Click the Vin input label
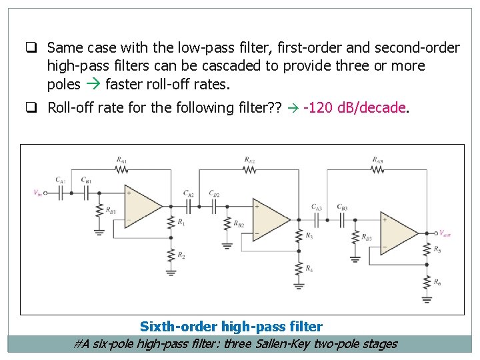point(37,193)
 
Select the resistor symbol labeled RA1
point(122,169)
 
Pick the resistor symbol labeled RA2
point(249,169)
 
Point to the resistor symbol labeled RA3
point(377,169)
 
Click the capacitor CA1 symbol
point(61,193)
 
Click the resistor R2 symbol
point(171,255)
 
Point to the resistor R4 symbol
point(299,269)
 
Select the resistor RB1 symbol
point(99,210)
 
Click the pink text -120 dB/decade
point(354,108)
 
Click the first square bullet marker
point(31,47)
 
